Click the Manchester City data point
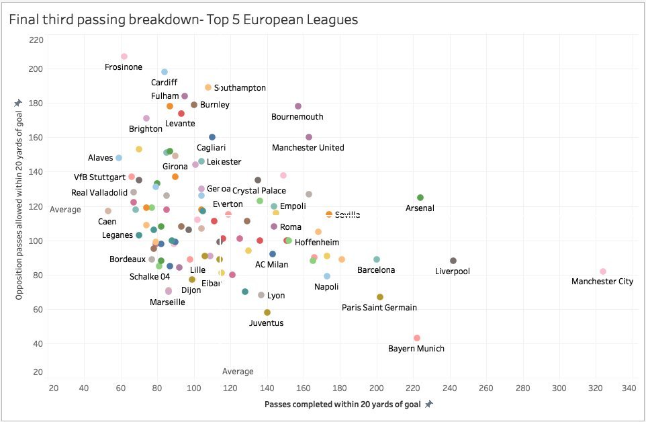tap(602, 271)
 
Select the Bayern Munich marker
tap(416, 338)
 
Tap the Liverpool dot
tap(453, 261)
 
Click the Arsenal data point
tap(420, 198)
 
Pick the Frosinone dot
tap(124, 56)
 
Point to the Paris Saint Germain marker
tap(380, 297)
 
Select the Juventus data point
tap(267, 312)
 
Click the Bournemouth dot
tap(298, 106)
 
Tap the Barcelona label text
tap(376, 270)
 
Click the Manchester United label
tap(308, 148)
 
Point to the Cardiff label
tap(165, 83)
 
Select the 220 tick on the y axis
tap(36, 40)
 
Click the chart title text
tap(183, 19)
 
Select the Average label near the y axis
tap(65, 210)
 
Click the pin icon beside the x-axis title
tap(429, 404)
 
